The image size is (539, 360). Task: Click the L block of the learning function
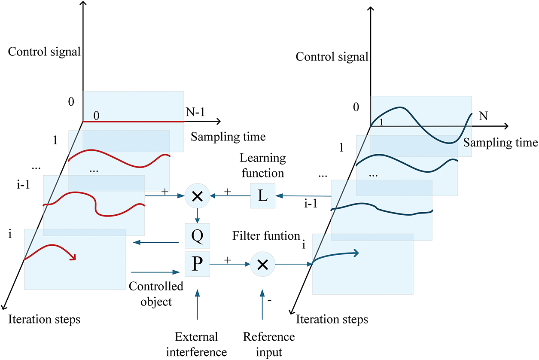pos(262,196)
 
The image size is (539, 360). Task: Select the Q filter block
pos(197,235)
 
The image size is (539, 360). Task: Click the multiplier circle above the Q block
pos(197,196)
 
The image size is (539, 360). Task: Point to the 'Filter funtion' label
pos(266,236)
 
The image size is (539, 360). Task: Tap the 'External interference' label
pos(197,344)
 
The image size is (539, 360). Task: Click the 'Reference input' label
pos(263,344)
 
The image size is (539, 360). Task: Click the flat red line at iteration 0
pos(133,122)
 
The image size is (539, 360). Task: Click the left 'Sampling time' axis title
pos(228,137)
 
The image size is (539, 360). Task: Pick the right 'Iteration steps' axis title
pos(332,320)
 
